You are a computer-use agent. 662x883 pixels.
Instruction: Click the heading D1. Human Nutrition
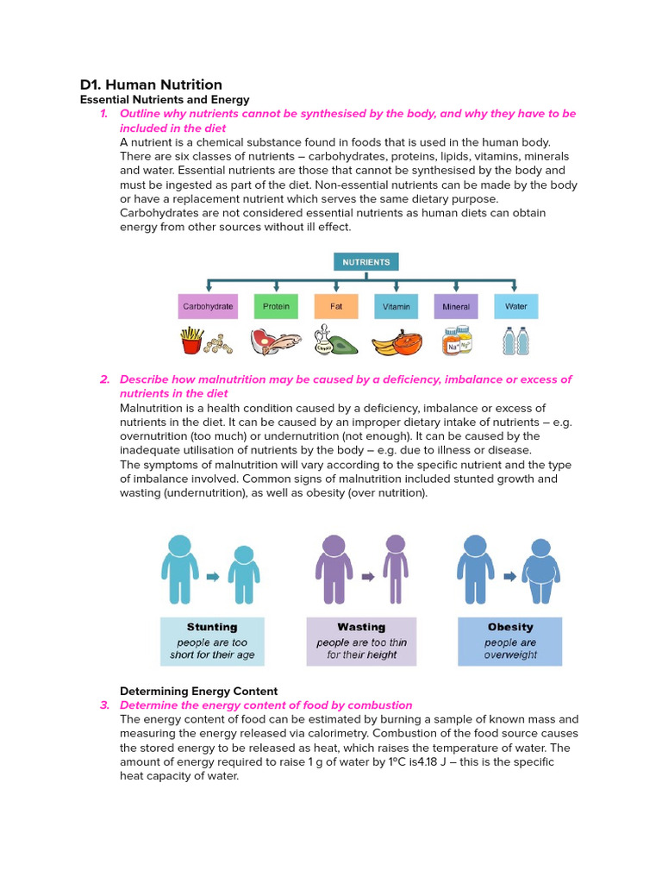(151, 85)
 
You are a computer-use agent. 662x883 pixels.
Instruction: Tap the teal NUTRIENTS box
(366, 262)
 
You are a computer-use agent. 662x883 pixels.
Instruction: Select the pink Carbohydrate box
(208, 306)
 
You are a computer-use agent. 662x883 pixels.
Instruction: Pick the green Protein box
(276, 306)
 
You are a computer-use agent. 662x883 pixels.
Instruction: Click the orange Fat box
(336, 306)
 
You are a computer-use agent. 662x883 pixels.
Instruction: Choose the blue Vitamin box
(397, 306)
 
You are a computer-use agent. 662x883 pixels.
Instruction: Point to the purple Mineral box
(456, 306)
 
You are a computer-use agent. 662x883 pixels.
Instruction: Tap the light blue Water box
(516, 306)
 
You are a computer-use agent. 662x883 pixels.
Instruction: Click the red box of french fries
(190, 342)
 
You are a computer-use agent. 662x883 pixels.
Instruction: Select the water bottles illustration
(515, 341)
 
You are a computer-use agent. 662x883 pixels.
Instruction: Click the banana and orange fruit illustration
(397, 342)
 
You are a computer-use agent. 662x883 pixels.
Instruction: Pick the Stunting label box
(212, 641)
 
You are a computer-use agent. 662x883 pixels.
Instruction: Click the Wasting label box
(361, 641)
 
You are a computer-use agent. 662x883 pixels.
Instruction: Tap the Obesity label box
(510, 641)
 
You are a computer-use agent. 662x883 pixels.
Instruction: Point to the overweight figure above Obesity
(540, 573)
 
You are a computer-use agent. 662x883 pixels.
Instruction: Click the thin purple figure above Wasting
(395, 569)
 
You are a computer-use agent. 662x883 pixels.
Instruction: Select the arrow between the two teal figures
(213, 577)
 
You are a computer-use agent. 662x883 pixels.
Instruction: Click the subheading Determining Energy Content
(198, 691)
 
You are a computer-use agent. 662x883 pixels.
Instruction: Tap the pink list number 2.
(104, 379)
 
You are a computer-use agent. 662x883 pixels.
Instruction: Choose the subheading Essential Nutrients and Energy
(165, 100)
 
